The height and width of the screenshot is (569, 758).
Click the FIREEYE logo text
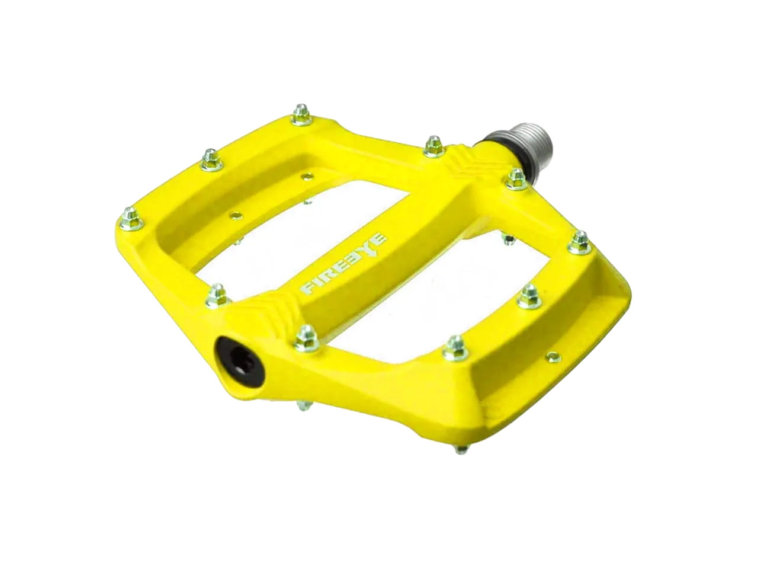345,264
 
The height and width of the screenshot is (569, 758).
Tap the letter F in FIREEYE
309,288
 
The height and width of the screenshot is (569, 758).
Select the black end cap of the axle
237,359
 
